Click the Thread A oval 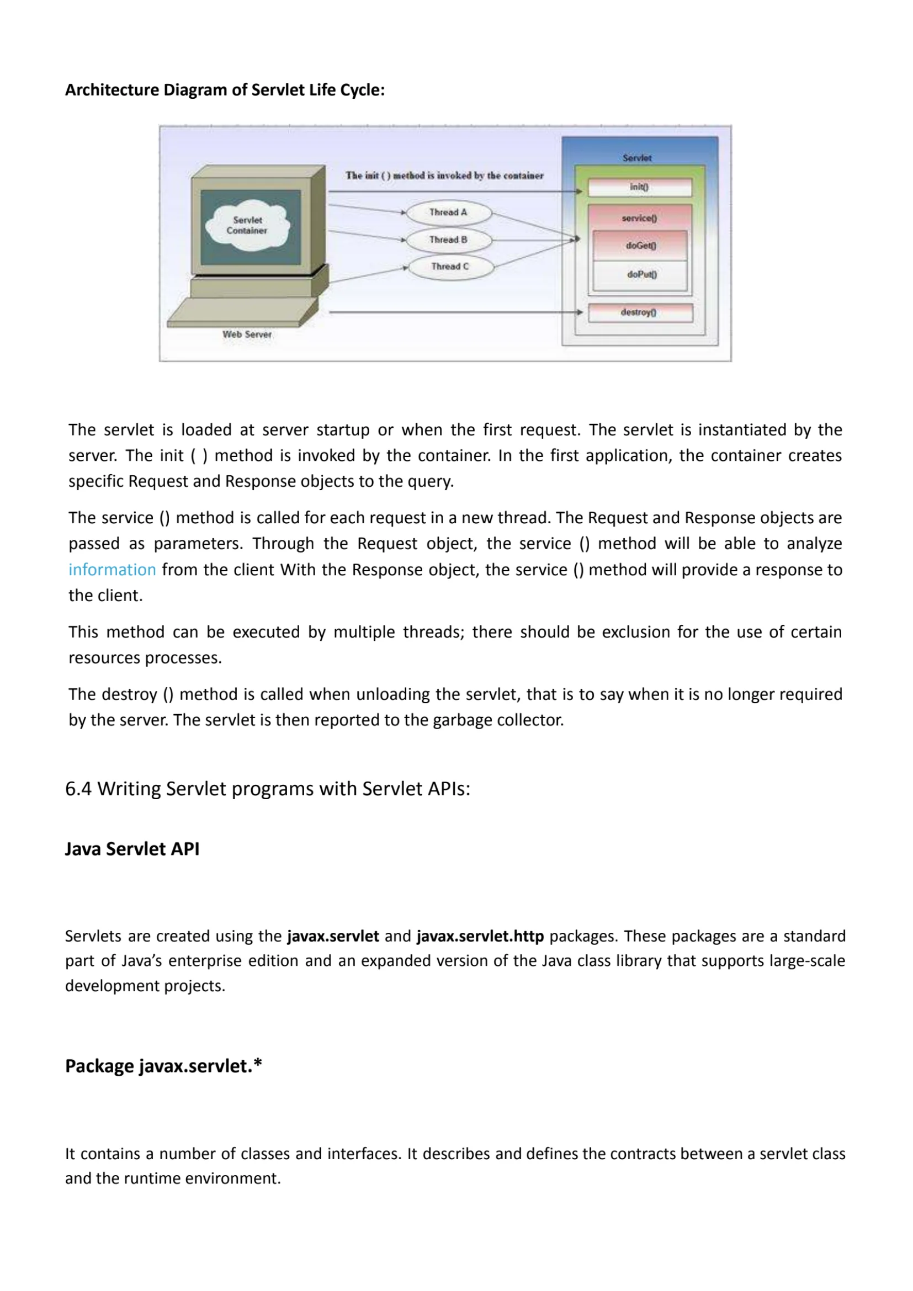[449, 212]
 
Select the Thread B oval [449, 240]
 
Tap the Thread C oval [450, 267]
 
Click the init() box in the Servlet [640, 187]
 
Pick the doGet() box [640, 246]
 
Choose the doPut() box [641, 275]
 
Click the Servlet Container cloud [247, 226]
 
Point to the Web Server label [247, 334]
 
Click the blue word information [112, 570]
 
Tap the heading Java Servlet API [132, 848]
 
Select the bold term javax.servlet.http [480, 936]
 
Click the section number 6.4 [78, 789]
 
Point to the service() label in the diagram [639, 218]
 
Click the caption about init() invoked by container [444, 176]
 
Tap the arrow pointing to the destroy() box [455, 312]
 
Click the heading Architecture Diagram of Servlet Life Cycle [225, 90]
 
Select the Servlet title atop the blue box [637, 158]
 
